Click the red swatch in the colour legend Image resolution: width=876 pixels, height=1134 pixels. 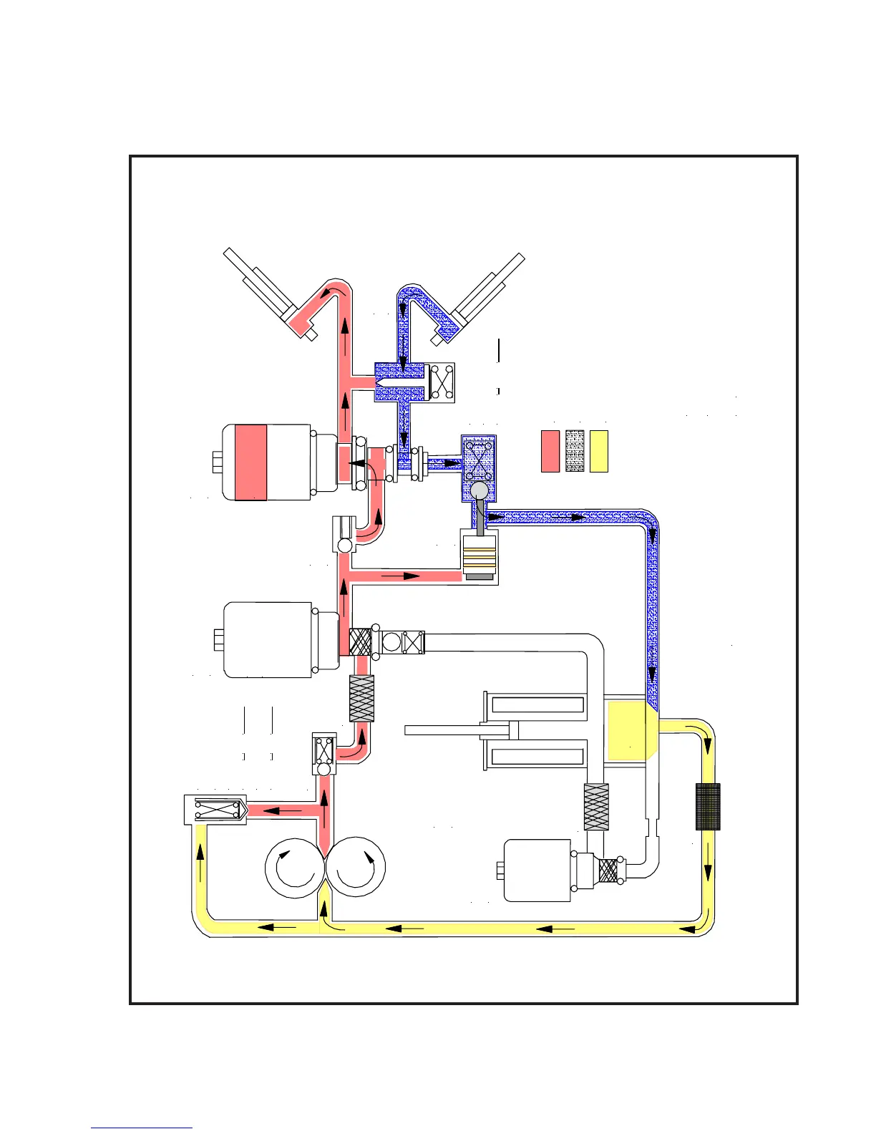click(x=550, y=451)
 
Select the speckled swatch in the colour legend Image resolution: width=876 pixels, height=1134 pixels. click(x=575, y=451)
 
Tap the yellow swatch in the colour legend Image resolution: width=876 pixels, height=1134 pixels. click(x=598, y=451)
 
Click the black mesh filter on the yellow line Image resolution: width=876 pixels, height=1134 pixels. click(x=708, y=807)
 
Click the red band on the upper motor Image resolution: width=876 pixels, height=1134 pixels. click(x=250, y=462)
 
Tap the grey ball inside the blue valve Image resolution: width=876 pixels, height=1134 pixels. click(x=479, y=490)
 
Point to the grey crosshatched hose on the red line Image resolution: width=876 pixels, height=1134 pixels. click(x=361, y=698)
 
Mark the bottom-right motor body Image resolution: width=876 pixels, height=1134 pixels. click(x=537, y=871)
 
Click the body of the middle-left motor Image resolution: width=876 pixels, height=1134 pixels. click(x=268, y=639)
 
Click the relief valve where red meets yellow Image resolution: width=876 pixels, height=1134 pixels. click(x=215, y=810)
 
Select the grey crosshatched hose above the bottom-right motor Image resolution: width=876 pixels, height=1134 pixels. click(x=596, y=807)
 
